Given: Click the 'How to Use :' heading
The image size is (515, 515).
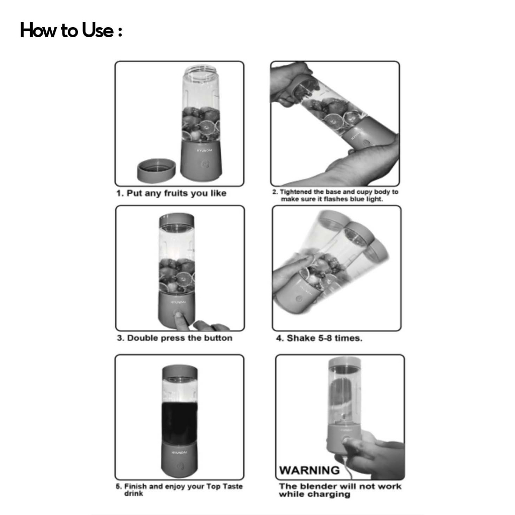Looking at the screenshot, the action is [x=71, y=30].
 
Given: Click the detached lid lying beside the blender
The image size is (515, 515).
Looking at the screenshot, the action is [x=156, y=170].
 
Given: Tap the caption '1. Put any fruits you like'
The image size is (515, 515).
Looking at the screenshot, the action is [x=171, y=193].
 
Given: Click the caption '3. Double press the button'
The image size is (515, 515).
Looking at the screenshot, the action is [x=175, y=338].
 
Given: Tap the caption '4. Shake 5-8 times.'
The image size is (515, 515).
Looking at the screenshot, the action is [x=319, y=338].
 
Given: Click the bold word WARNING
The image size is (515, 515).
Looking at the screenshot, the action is [x=309, y=470].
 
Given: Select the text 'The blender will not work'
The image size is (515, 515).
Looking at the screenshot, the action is [x=340, y=486].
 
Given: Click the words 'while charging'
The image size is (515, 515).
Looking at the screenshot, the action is [x=314, y=494].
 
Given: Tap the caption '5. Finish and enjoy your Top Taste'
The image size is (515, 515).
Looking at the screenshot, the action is [x=179, y=486].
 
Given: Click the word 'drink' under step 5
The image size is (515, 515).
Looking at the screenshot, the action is [x=133, y=493].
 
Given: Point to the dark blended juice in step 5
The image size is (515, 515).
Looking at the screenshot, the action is [x=180, y=423].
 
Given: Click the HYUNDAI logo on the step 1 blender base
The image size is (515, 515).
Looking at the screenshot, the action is [x=204, y=150].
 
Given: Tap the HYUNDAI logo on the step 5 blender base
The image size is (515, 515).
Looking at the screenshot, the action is [x=179, y=452].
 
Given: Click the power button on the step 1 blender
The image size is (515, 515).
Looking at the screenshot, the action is [x=206, y=164].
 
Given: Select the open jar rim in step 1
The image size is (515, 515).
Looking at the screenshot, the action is [x=201, y=70].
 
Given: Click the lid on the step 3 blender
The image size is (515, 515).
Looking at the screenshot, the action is [x=177, y=220].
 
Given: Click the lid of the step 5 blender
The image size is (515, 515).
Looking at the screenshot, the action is [x=180, y=373].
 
